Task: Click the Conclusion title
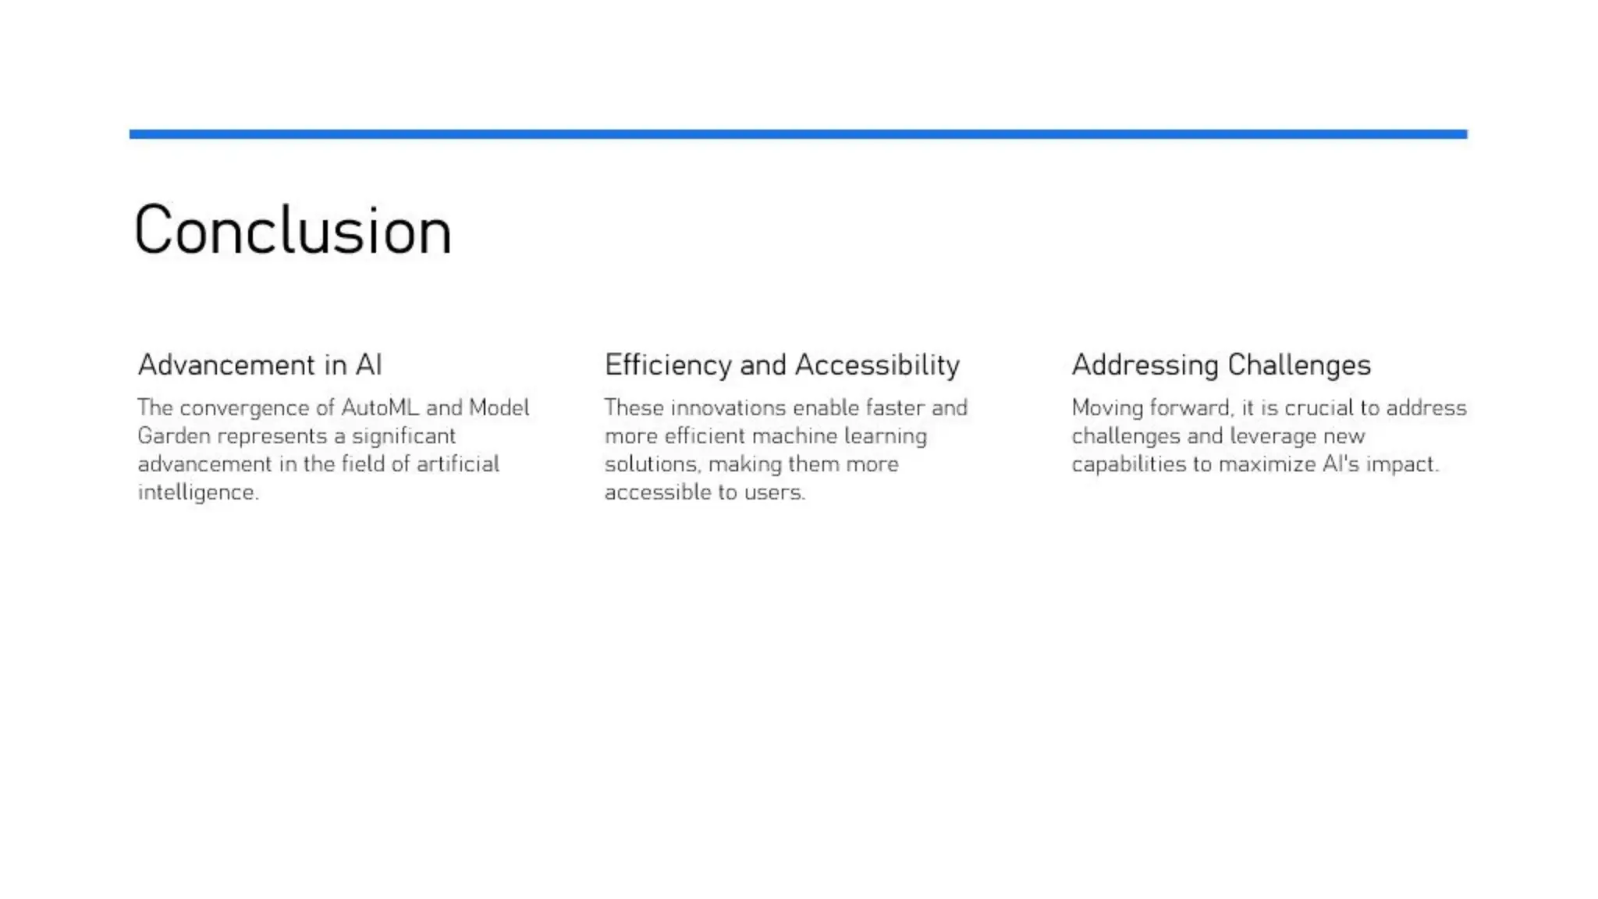tap(293, 230)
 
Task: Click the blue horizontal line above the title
tap(797, 134)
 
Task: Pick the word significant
tap(403, 436)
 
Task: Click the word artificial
tap(457, 464)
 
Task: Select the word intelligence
tap(197, 492)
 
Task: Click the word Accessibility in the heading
tap(877, 365)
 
